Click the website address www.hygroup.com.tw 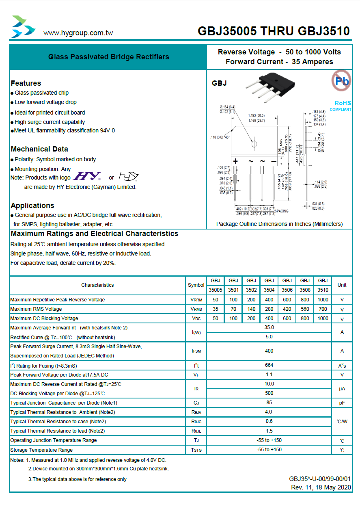[x=78, y=33]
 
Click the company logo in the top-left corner [x=23, y=27]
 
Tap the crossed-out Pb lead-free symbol [x=341, y=80]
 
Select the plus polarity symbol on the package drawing [x=235, y=161]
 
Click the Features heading [x=26, y=83]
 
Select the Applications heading [x=32, y=206]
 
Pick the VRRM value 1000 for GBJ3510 [x=323, y=300]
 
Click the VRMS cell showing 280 [x=269, y=309]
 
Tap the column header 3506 [x=287, y=290]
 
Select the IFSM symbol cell [x=196, y=351]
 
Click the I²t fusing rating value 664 [x=269, y=365]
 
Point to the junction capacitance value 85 [x=269, y=403]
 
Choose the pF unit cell [x=342, y=403]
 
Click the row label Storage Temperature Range [x=41, y=450]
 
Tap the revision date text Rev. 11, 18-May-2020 [x=321, y=487]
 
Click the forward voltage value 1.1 [x=269, y=375]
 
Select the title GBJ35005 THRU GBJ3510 [x=274, y=31]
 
